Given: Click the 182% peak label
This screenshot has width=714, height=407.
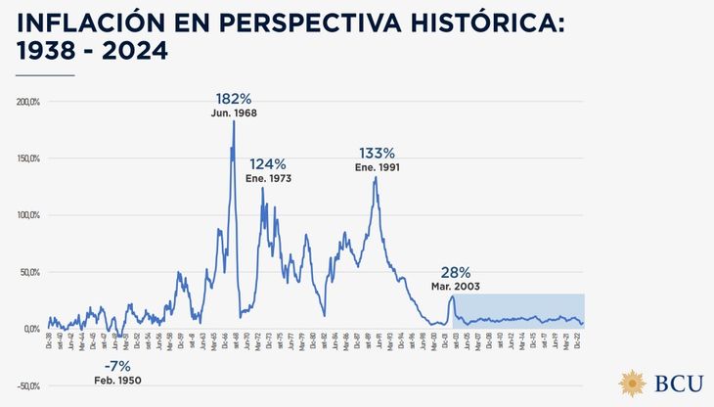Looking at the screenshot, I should point(234,99).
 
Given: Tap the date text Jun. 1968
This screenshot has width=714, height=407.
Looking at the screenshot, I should point(234,113).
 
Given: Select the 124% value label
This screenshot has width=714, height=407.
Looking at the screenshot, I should point(267,164).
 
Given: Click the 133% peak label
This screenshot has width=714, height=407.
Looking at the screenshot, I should point(377,153).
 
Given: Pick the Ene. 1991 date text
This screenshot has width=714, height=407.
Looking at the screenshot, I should point(378,167).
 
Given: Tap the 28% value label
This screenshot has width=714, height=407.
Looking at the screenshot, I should point(456,272).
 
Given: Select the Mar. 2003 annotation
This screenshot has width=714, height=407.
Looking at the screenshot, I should point(455,286).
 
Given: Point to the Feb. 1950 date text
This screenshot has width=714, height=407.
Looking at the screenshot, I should point(117,380).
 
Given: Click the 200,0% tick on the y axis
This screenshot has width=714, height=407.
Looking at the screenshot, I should point(25,102).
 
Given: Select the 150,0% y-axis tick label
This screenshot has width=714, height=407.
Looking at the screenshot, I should point(25,158).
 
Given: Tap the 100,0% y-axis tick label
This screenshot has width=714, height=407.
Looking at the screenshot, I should point(25,215).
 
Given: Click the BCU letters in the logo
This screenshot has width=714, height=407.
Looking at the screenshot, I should point(675,383).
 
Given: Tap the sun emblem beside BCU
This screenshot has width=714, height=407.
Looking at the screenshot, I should point(633,383).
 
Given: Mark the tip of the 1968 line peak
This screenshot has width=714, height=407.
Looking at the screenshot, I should point(234,121).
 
